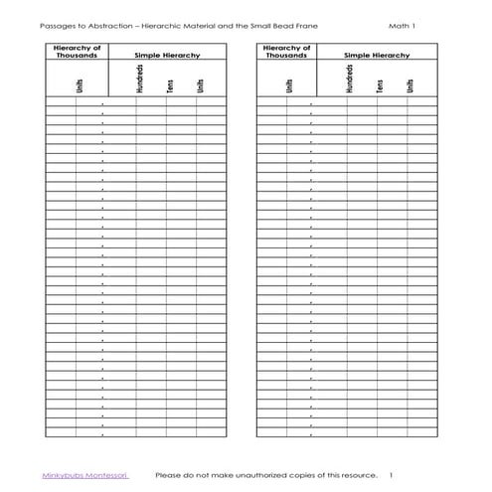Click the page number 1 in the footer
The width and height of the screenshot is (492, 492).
click(x=392, y=475)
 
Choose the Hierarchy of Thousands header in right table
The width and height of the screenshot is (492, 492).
click(x=285, y=52)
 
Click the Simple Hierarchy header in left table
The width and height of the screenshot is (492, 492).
click(x=167, y=56)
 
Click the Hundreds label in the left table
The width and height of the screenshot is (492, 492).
click(x=138, y=81)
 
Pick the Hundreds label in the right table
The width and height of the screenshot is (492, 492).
click(x=349, y=81)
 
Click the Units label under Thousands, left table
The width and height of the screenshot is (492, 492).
click(x=79, y=86)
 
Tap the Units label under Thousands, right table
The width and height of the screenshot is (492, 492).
click(x=288, y=86)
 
